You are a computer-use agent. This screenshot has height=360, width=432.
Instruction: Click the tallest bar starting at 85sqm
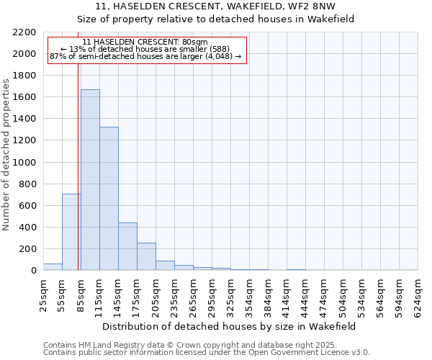point(90,180)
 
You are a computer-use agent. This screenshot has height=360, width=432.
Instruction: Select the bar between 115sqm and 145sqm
point(109,199)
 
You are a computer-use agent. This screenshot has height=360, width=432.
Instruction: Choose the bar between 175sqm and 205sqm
point(146,256)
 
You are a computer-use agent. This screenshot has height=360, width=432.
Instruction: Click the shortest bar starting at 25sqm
point(53,267)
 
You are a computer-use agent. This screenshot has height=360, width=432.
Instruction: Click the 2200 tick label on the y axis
point(25,32)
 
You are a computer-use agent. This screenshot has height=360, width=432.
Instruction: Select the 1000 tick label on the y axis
point(25,163)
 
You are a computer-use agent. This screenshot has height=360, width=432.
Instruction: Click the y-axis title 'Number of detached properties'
point(7,151)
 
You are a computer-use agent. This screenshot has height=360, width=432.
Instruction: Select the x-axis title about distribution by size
point(230,326)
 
